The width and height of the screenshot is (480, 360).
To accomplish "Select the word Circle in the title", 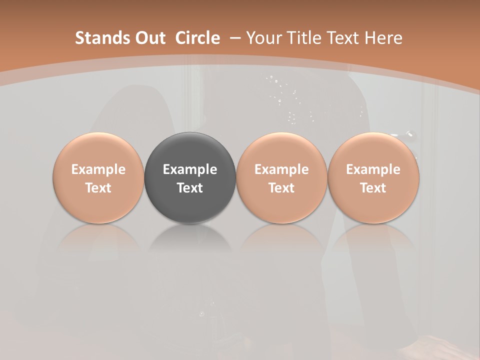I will [x=197, y=38].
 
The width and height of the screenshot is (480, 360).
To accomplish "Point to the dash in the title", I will [x=235, y=38].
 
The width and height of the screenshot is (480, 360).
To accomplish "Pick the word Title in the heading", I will [x=305, y=38].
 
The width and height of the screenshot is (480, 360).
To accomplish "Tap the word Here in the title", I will [x=384, y=38].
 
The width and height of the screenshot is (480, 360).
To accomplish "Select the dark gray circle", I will [x=190, y=178].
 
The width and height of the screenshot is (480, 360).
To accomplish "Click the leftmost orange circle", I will [x=98, y=178].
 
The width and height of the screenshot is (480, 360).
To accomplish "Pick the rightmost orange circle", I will [x=373, y=178].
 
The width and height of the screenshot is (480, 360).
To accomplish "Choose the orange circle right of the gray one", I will [x=281, y=178].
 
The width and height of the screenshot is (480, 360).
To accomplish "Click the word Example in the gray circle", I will [x=190, y=169].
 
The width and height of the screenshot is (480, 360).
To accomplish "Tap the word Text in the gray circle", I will [x=190, y=188].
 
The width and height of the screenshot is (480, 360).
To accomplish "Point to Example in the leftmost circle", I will [x=98, y=169].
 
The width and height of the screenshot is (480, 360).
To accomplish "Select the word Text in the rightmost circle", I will [x=373, y=188].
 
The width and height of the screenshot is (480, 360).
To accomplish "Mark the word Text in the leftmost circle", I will [x=98, y=188].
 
